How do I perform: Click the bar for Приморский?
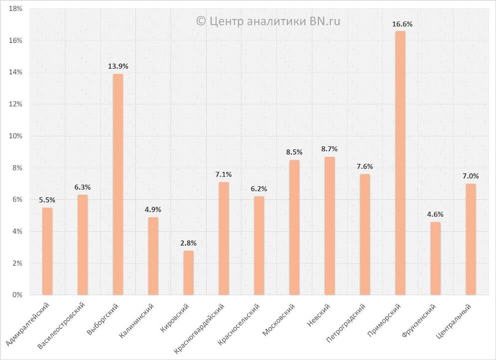pyautogui.click(x=400, y=163)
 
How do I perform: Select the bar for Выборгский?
pyautogui.click(x=118, y=184)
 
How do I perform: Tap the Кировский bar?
pyautogui.click(x=188, y=273)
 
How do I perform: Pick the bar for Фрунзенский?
pyautogui.click(x=436, y=258)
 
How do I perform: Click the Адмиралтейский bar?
pyautogui.click(x=47, y=251)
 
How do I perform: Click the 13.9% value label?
pyautogui.click(x=118, y=66)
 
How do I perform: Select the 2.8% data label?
pyautogui.click(x=188, y=243)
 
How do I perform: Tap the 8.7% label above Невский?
pyautogui.click(x=329, y=149)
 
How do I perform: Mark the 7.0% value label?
pyautogui.click(x=471, y=176)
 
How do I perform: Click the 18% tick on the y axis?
pyautogui.click(x=15, y=9)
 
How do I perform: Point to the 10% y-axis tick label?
pyautogui.click(x=15, y=136)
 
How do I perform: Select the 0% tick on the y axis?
pyautogui.click(x=17, y=295)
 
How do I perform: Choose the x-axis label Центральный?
pyautogui.click(x=454, y=320)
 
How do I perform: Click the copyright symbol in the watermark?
pyautogui.click(x=201, y=21)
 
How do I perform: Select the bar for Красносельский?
pyautogui.click(x=258, y=246)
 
